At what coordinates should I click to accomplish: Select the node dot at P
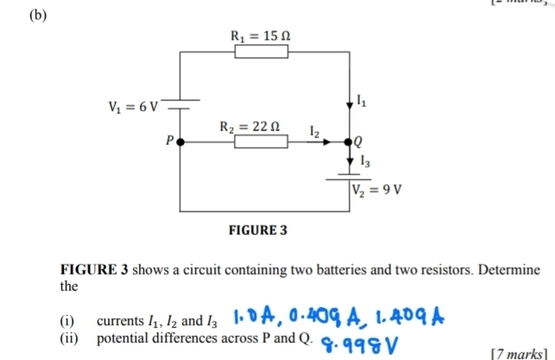click(x=180, y=142)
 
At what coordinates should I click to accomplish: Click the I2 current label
click(x=316, y=130)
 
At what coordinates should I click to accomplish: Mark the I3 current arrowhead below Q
click(x=350, y=161)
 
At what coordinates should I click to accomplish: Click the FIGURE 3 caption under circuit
click(x=256, y=232)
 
